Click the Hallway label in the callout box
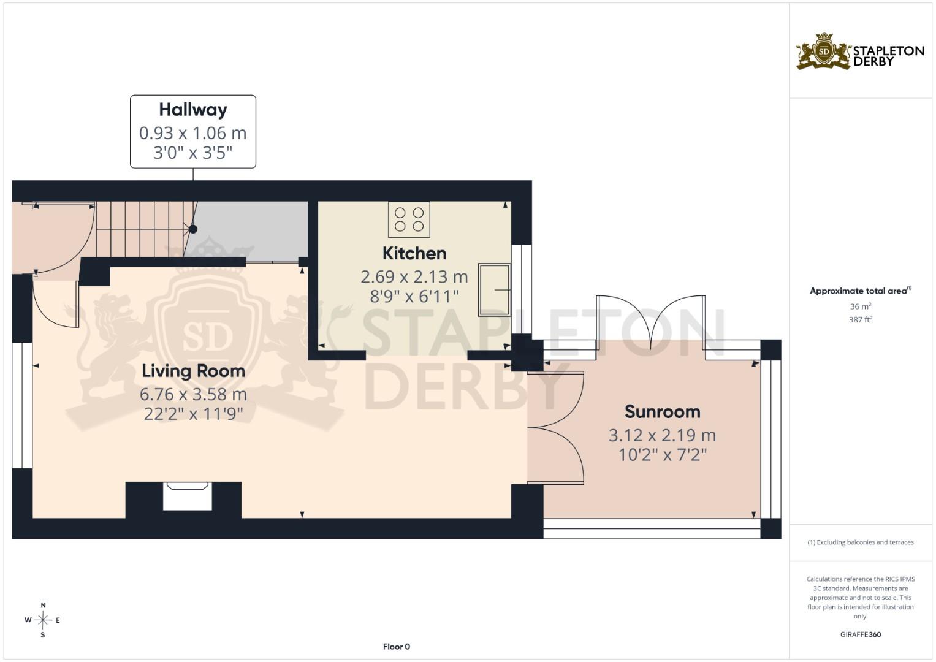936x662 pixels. pos(193,110)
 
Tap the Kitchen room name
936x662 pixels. pos(414,253)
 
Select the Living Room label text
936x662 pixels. pos(193,371)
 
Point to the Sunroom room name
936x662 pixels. pos(662,412)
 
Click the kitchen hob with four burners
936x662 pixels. pos(409,219)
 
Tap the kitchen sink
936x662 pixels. pos(494,289)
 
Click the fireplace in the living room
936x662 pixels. pos(187,496)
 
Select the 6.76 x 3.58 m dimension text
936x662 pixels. pos(193,394)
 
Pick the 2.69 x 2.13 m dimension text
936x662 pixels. pos(414,276)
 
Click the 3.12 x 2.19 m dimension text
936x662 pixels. pos(662,435)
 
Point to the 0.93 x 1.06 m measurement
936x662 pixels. pos(192,134)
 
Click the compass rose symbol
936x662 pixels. pos(43,620)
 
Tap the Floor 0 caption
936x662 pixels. pos(397,647)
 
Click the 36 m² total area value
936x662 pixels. pos(861,306)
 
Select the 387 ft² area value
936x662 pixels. pos(861,320)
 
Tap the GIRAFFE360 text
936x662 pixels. pos(861,634)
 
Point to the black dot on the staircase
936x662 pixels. pos(193,229)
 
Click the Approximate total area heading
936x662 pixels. pos(861,291)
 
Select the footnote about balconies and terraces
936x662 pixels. pos(861,542)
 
